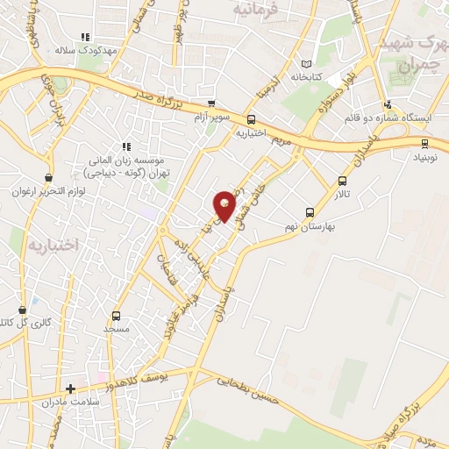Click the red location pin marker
225,206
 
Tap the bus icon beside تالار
342,182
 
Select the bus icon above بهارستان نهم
309,211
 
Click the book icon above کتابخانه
305,64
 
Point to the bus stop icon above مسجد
116,317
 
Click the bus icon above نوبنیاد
425,144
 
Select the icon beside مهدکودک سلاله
86,37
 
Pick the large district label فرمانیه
256,11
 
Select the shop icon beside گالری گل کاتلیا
22,310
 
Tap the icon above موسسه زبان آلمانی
126,146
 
